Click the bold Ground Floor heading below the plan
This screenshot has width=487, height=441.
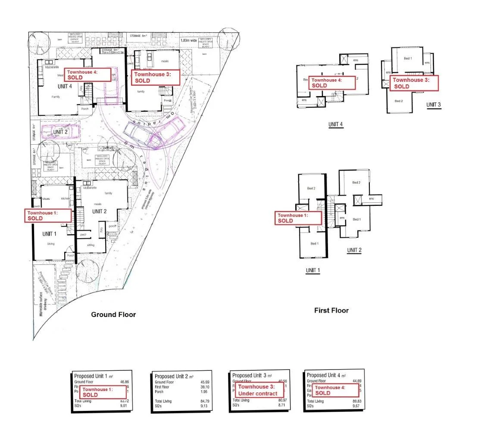pos(113,315)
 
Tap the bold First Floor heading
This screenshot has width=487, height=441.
pos(331,311)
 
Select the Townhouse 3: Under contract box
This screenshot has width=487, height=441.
pos(259,390)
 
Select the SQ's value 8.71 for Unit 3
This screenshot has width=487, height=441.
pos(282,406)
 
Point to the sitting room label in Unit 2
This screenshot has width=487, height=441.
pos(91,245)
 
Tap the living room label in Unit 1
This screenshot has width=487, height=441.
pos(51,244)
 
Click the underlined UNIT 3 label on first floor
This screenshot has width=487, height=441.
pos(433,105)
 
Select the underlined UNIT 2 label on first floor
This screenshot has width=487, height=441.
pos(354,250)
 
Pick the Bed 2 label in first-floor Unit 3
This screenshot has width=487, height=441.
pos(399,101)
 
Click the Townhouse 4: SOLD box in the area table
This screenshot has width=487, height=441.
pos(336,391)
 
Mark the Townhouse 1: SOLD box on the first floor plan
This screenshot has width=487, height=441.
pos(299,218)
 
